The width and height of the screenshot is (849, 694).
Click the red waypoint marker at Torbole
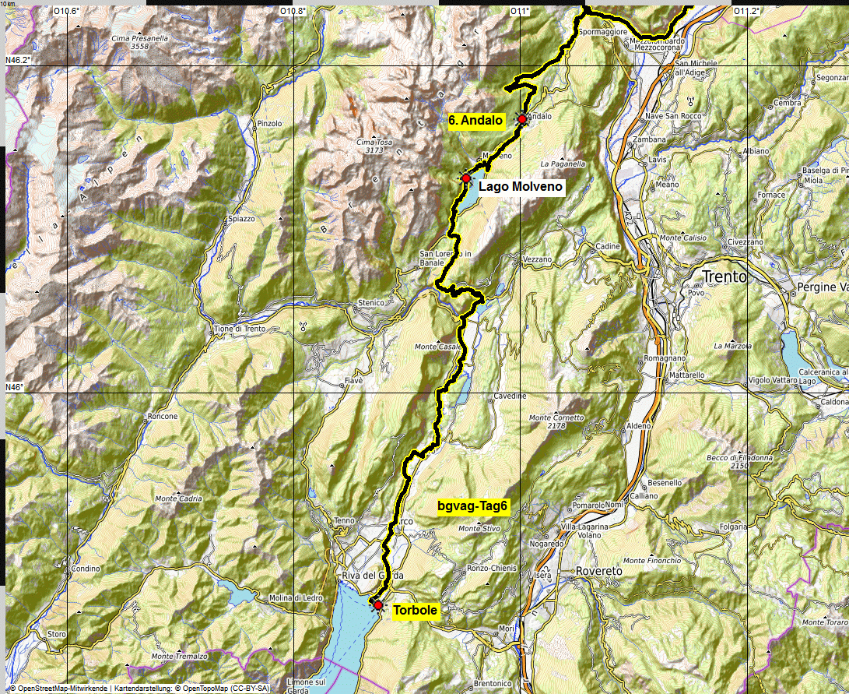(378, 605)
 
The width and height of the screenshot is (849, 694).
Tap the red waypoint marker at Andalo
(521, 119)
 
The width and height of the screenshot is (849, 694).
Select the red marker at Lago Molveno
(465, 178)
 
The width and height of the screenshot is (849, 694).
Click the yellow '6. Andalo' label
(476, 120)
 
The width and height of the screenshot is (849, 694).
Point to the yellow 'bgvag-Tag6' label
(472, 506)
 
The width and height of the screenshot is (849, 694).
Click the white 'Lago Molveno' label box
(520, 187)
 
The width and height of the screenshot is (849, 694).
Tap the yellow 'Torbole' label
(415, 611)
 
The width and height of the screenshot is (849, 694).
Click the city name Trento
(724, 277)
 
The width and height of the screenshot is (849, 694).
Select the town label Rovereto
(599, 571)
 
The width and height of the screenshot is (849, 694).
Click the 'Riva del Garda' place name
(372, 576)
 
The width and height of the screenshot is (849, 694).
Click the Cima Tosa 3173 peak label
(374, 146)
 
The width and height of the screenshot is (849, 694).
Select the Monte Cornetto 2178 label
(556, 421)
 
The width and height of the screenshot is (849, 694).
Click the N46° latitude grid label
(14, 387)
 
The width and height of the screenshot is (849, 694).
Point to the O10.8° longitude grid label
(293, 11)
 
